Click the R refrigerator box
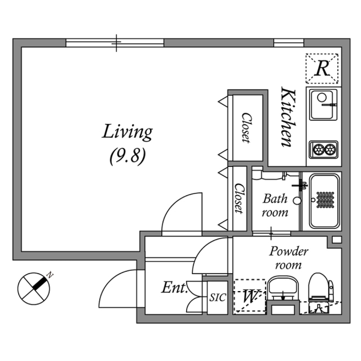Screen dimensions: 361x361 [322, 68]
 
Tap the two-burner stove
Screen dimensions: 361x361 [324, 149]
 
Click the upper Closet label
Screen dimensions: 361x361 [247, 128]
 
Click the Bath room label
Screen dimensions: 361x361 [275, 205]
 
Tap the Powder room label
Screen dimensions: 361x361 [288, 258]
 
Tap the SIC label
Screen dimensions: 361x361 [217, 298]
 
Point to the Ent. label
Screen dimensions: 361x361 [174, 288]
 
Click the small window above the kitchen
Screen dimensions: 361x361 [288, 43]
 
